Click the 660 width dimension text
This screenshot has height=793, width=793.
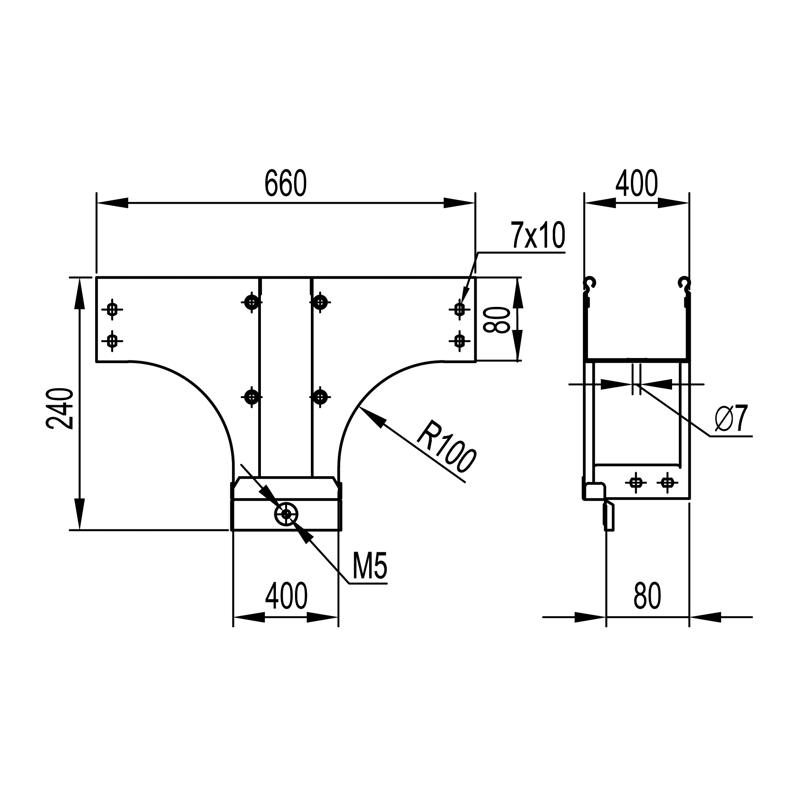[285, 183]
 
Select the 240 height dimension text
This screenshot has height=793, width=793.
[60, 408]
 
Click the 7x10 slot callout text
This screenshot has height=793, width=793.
[538, 236]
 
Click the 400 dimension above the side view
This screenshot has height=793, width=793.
[637, 183]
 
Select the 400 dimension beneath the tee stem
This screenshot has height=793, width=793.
[286, 596]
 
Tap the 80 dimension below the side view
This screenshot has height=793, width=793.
[647, 596]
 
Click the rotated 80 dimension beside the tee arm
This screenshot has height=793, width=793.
[496, 320]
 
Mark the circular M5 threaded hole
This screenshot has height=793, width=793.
[286, 514]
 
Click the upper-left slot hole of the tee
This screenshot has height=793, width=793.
[112, 310]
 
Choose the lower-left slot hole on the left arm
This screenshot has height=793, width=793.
[112, 340]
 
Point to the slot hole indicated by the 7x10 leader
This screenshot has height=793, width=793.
[460, 309]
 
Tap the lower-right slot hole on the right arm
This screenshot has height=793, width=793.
[460, 340]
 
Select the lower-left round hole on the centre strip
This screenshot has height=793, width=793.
[252, 397]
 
